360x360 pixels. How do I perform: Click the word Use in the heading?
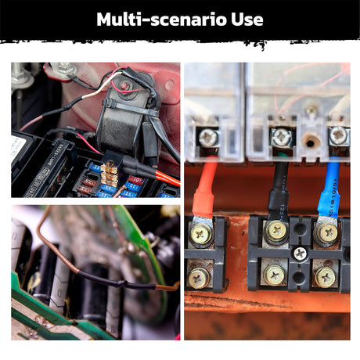[x=247, y=19]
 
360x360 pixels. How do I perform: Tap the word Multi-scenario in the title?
[x=162, y=19]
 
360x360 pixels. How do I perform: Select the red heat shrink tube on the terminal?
[x=205, y=189]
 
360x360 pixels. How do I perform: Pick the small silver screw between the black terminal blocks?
[x=300, y=254]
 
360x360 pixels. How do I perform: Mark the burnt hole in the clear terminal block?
[x=310, y=142]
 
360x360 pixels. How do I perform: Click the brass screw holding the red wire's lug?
[x=201, y=233]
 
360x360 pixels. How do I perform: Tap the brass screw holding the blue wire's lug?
[x=328, y=233]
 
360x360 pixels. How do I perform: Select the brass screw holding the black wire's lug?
[x=276, y=231]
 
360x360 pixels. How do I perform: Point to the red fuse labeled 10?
[x=135, y=180]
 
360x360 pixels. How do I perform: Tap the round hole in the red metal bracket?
[x=170, y=85]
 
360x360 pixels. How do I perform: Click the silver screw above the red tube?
[x=208, y=137]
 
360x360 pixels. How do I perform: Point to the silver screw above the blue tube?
[x=338, y=135]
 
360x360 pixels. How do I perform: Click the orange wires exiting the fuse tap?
[x=167, y=178]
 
